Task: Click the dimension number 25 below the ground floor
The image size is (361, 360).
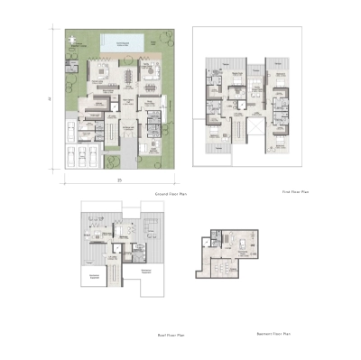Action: (x=119, y=180)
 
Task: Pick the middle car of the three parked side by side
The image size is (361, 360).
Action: (x=82, y=159)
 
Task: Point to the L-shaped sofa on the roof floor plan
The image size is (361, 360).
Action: (x=96, y=236)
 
